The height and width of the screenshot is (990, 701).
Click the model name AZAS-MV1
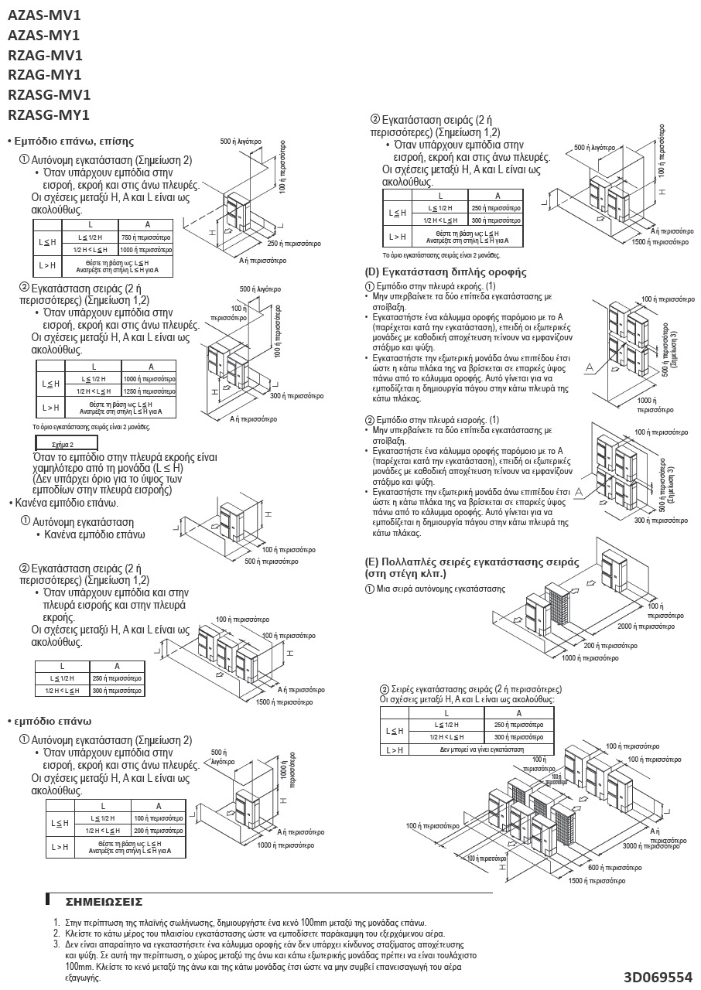(43, 15)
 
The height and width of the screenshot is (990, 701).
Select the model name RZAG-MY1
(44, 75)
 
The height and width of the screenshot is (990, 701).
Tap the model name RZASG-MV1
(49, 95)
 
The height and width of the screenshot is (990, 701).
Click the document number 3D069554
(658, 977)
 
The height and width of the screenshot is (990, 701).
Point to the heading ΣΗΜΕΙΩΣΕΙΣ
(104, 902)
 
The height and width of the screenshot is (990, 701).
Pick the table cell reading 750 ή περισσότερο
(145, 237)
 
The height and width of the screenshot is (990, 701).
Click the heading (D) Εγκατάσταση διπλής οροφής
(445, 272)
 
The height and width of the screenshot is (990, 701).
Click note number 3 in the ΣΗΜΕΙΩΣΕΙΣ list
(56, 944)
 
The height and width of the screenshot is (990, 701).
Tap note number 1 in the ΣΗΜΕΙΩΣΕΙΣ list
(56, 923)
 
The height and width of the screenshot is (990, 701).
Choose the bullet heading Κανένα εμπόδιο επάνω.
(67, 503)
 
